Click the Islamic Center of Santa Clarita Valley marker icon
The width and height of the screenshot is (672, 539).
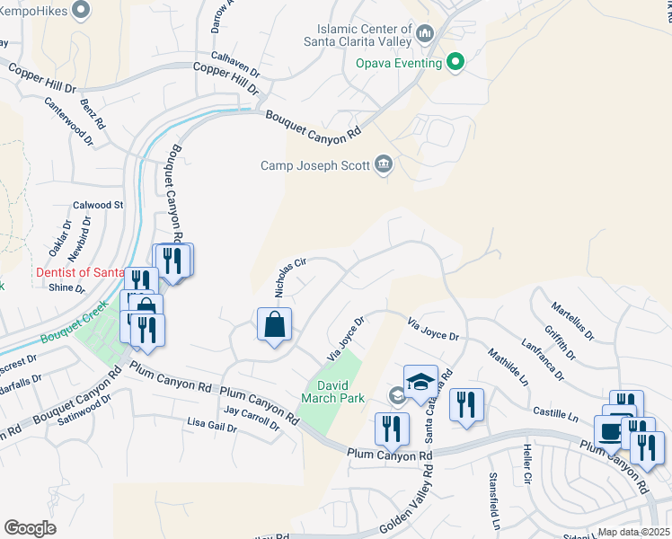[x=426, y=33]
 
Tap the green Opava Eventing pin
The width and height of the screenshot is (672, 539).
[x=456, y=63]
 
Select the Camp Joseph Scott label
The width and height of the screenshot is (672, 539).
[x=315, y=164]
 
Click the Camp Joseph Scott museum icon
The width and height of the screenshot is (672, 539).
[x=385, y=163]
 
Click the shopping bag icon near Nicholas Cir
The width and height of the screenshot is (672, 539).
[x=274, y=325]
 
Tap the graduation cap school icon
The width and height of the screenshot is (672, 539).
[x=420, y=382]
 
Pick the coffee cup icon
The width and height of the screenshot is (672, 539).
[x=611, y=431]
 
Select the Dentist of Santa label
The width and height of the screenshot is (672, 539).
[x=79, y=272]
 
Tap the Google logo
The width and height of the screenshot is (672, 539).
[x=30, y=528]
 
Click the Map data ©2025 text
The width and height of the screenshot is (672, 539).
[x=633, y=532]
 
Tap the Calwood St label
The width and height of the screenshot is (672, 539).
[x=97, y=205]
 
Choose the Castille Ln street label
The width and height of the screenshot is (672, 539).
[x=558, y=412]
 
